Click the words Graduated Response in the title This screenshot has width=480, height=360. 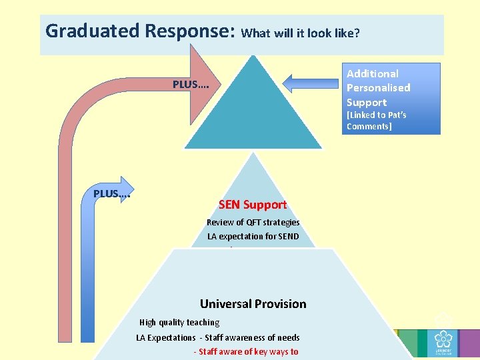coord(139,31)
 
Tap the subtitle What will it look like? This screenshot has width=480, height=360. coord(300,33)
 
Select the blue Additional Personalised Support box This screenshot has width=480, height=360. coord(392,98)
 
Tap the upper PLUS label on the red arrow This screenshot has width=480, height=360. coord(191,85)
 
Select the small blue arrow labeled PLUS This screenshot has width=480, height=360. coord(113,193)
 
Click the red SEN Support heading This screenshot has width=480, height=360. coord(253,205)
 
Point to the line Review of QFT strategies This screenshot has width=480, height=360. coord(253,222)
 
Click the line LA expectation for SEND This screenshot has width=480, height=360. coord(253,236)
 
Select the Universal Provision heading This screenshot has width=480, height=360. coord(253,304)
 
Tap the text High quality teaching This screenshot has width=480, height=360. coord(179,322)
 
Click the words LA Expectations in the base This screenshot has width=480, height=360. coord(166,337)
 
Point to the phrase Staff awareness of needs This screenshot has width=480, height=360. coord(252,337)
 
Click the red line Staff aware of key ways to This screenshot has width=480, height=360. coord(246,351)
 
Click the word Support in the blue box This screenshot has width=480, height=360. coord(367,102)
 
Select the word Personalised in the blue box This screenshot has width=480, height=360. coord(378,87)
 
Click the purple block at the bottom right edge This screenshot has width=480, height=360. coord(469,344)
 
